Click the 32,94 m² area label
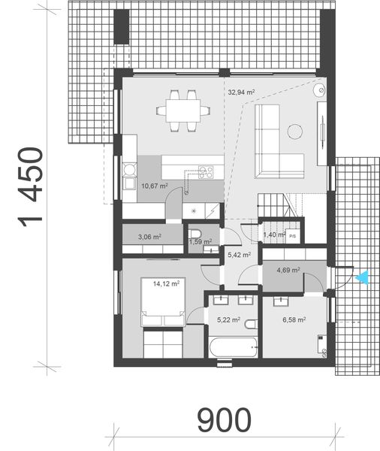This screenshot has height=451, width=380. coord(240,92)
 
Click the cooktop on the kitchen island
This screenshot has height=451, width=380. coord(204,171)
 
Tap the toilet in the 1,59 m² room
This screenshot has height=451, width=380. coord(195,232)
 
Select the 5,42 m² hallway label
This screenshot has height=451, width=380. coord(239,256)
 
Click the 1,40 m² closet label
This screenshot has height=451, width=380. coord(274,235)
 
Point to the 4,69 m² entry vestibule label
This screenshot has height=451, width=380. coord(288,270)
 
